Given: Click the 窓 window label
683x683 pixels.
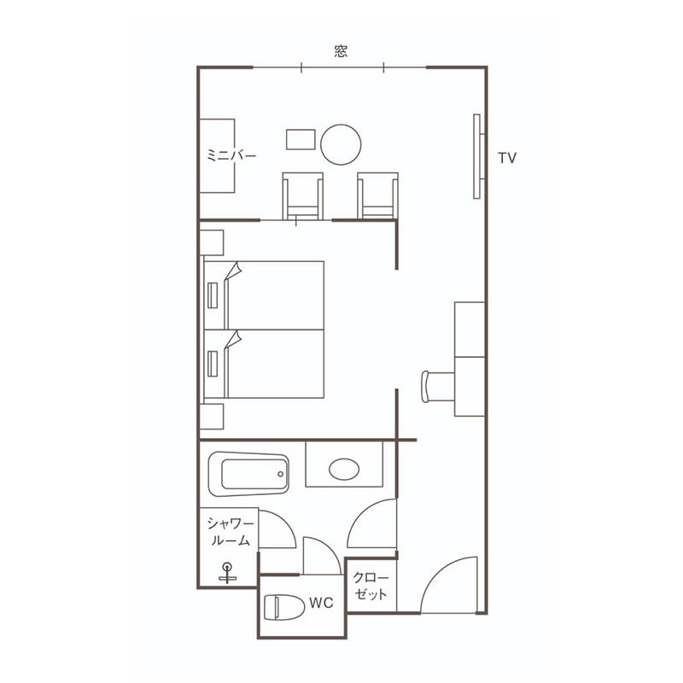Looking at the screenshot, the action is click(341, 51).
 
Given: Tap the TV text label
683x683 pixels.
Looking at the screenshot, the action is click(507, 158).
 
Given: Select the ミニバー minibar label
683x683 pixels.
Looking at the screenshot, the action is click(231, 155).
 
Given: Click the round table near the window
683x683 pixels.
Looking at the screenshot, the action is click(341, 144).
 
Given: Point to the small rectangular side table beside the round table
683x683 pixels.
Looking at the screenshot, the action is click(301, 139).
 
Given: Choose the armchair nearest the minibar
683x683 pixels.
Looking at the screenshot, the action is click(303, 196).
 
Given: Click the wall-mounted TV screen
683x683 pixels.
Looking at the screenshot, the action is click(478, 156).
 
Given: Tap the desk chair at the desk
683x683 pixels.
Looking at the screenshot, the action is click(438, 387).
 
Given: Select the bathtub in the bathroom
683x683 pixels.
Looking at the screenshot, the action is click(248, 474).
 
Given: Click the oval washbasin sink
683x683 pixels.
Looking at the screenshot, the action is click(344, 469).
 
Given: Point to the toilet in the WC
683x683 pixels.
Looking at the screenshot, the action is click(284, 606).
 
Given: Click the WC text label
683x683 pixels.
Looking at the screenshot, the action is click(321, 603).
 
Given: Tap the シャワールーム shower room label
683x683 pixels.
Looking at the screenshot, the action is click(230, 531).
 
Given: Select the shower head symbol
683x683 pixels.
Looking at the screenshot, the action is click(227, 573).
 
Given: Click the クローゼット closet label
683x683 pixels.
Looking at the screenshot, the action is click(371, 586).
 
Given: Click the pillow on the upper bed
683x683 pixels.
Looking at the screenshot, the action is click(213, 295).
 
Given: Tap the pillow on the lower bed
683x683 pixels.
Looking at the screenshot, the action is click(213, 364).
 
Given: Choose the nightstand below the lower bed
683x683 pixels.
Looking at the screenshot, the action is click(212, 417).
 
